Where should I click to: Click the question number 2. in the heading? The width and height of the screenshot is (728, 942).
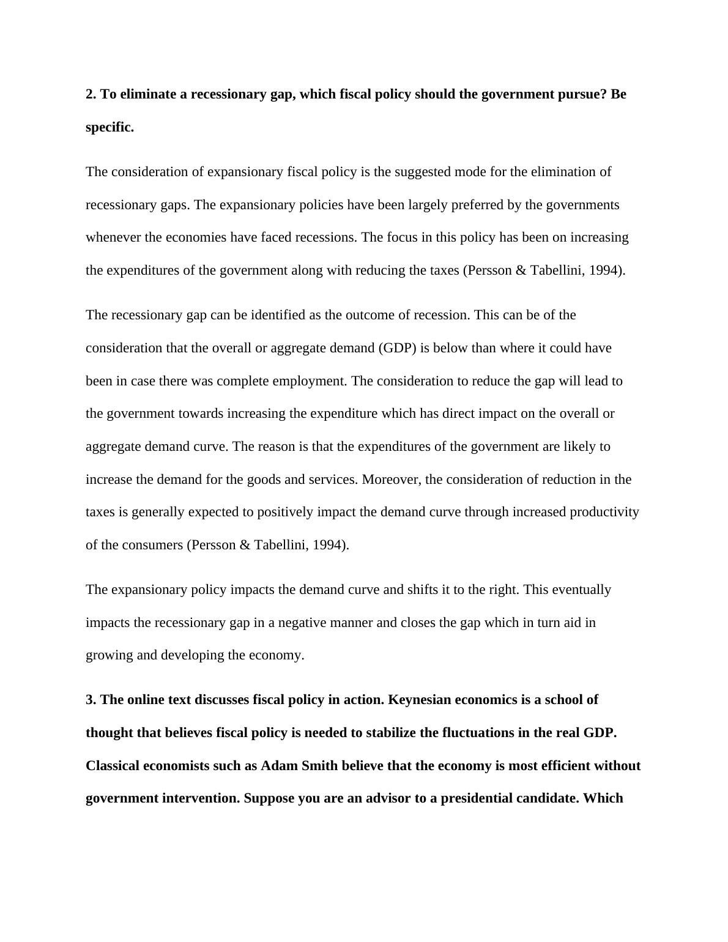(91, 94)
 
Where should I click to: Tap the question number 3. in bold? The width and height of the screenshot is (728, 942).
(91, 699)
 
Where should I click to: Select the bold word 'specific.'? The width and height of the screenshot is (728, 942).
(110, 127)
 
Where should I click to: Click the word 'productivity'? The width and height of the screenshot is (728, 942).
(604, 512)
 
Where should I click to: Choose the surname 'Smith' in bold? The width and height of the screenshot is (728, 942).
(319, 766)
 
